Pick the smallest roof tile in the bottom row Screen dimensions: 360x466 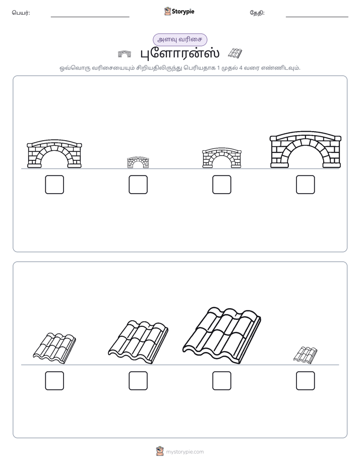coord(306,355)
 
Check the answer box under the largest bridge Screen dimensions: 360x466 coord(306,185)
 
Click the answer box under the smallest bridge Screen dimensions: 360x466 coord(138,185)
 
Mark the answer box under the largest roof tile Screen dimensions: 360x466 coord(222,381)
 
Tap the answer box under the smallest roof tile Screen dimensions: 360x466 coord(306,381)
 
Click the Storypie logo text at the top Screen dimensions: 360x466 coord(183,12)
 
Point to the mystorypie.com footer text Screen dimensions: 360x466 coord(185,452)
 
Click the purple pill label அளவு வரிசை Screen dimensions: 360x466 coord(179,39)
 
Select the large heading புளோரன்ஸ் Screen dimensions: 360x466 coord(179,53)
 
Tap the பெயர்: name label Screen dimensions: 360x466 coord(21,13)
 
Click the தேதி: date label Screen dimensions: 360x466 coord(257,13)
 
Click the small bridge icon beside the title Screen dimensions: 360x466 coord(125,54)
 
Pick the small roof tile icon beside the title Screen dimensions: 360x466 coord(235,53)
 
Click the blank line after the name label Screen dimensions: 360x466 coord(90,17)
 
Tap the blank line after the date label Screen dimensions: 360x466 coord(317,17)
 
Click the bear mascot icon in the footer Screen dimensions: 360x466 coord(160,451)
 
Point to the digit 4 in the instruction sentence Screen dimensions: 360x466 coord(241,68)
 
